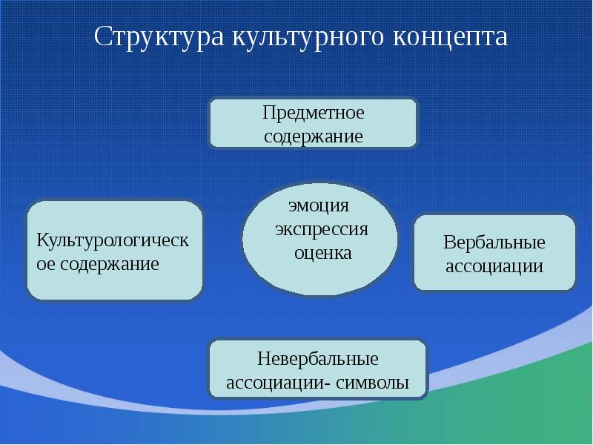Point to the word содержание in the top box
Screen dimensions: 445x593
point(314,137)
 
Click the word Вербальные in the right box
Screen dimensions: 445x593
point(494,243)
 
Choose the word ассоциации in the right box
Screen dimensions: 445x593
point(494,266)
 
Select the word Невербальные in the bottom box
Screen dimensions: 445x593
point(318,360)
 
